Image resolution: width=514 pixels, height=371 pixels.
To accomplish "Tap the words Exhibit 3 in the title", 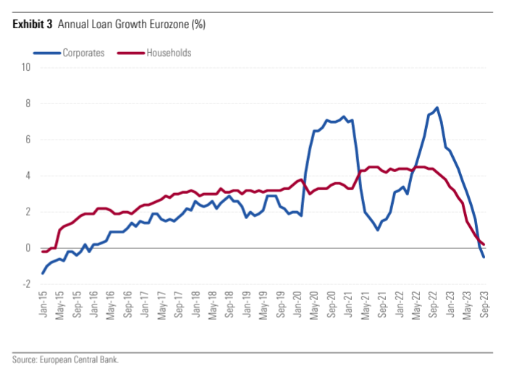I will tap(31, 25).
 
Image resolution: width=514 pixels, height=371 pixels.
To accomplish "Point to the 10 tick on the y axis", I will tap(25, 67).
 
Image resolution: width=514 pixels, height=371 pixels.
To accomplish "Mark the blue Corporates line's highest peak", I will tap(437, 108).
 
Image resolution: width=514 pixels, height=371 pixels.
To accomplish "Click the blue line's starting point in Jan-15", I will tap(43, 273).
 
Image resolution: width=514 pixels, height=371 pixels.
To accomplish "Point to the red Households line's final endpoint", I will tap(484, 244).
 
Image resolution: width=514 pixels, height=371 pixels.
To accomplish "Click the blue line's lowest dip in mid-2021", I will tap(378, 230).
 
